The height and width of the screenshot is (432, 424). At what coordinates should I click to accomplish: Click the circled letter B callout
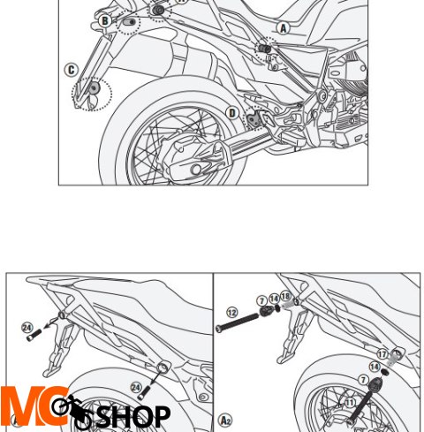[x=104, y=21]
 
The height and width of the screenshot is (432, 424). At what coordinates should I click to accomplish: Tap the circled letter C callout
[x=71, y=70]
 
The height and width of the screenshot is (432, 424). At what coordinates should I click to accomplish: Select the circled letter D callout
[x=232, y=113]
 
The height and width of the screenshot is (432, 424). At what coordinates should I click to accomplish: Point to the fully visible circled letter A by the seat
[x=283, y=28]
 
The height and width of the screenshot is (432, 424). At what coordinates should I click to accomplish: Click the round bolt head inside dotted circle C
[x=94, y=87]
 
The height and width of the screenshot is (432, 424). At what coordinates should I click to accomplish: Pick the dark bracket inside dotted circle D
[x=254, y=118]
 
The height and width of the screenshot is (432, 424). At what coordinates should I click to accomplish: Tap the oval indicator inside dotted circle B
[x=130, y=22]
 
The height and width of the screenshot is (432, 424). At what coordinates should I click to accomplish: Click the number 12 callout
[x=232, y=313]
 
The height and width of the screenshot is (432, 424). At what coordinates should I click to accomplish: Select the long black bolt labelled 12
[x=238, y=322]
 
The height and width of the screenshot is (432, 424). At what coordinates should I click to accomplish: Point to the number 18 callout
[x=285, y=296]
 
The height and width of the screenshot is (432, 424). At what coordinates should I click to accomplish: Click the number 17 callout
[x=382, y=354]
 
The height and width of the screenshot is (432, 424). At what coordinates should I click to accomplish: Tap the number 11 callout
[x=350, y=403]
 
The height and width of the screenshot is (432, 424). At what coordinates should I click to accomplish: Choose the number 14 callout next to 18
[x=274, y=299]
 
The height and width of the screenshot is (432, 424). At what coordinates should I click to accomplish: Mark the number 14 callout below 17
[x=375, y=367]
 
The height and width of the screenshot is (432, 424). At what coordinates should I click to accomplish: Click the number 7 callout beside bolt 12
[x=261, y=301]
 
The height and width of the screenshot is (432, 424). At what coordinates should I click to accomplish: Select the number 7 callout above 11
[x=363, y=380]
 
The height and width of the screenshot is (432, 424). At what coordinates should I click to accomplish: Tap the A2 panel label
[x=225, y=420]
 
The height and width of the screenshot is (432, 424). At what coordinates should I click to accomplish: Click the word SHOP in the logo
[x=133, y=416]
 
